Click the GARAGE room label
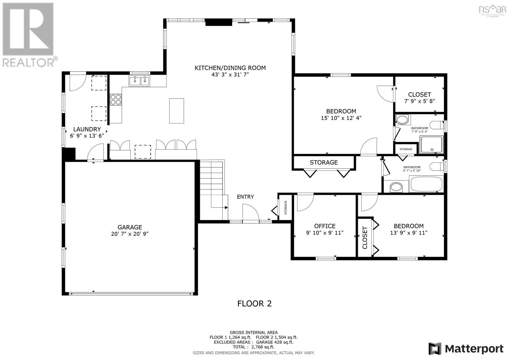(x=130, y=227)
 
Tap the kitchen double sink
(x=139, y=81)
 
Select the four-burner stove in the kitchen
(x=116, y=100)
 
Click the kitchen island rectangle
(x=176, y=111)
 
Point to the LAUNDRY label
(x=87, y=129)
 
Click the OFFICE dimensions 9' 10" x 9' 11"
(x=325, y=233)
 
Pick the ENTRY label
(x=245, y=197)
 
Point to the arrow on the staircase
(x=226, y=208)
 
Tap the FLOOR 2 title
(x=254, y=303)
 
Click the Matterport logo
(x=466, y=349)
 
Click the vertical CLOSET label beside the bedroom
(x=365, y=238)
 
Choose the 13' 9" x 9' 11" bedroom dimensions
(x=408, y=233)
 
